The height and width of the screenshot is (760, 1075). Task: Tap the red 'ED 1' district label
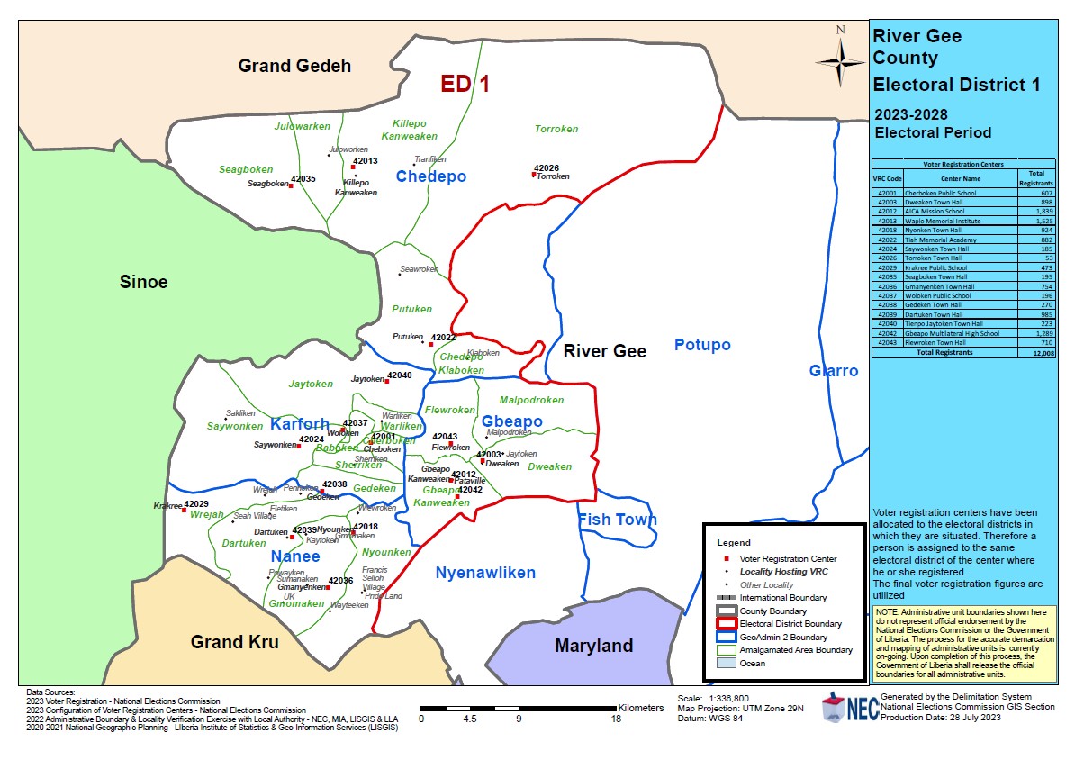tap(465, 85)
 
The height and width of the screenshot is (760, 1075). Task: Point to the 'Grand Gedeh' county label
tap(294, 66)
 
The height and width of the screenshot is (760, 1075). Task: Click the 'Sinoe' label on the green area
tap(144, 282)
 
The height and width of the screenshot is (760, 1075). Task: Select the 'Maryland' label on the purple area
tap(593, 646)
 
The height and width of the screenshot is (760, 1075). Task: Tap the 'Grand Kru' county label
tap(234, 642)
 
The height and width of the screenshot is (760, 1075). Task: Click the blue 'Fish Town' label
tap(617, 520)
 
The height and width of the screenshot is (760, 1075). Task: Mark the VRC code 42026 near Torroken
tap(547, 168)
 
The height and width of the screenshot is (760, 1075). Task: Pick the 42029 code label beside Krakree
tap(196, 504)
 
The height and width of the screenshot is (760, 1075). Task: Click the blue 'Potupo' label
tap(702, 345)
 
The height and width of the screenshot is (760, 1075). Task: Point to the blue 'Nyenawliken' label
tap(485, 573)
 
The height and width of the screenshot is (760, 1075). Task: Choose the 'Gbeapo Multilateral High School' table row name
tap(942, 333)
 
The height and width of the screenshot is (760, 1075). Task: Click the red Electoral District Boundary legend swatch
tap(727, 623)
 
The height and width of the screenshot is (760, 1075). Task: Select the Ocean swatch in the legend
tap(727, 663)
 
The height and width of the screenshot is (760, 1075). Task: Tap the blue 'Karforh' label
tap(300, 424)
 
